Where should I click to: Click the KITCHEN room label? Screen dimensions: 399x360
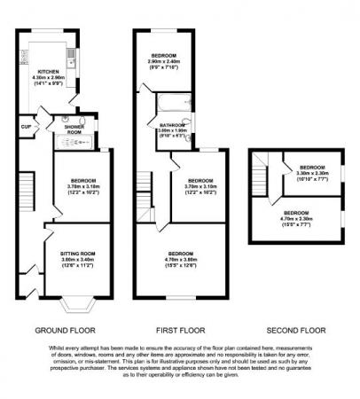48,70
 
